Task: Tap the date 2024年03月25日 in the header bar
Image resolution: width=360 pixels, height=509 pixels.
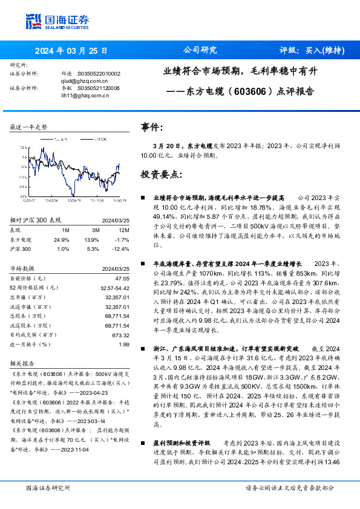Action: click(71, 51)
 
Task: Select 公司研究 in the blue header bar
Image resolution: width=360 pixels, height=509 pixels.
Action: click(200, 51)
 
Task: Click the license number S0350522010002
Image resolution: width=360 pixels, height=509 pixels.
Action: click(99, 73)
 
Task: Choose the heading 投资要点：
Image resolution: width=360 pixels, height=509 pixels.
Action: click(160, 175)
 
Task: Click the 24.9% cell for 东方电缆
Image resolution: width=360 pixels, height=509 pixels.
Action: click(62, 240)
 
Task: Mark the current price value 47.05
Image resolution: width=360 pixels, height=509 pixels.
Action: click(123, 278)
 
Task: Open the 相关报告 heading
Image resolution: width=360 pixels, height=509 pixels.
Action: click(23, 365)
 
